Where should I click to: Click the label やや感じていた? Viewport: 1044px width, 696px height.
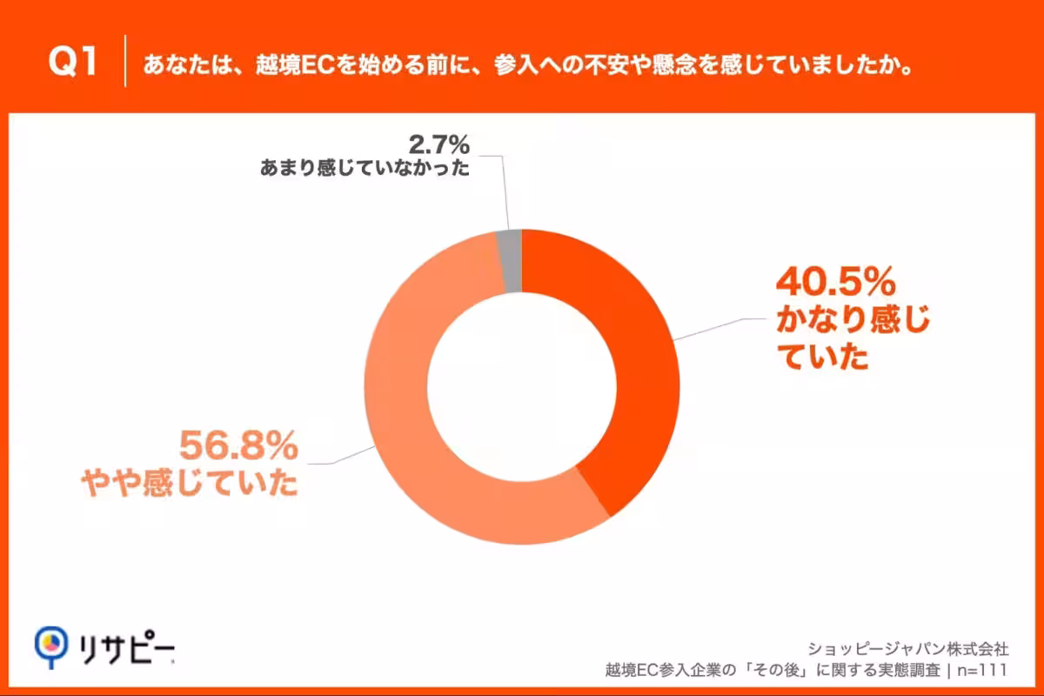[190, 484]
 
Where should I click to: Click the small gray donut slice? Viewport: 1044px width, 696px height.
[511, 248]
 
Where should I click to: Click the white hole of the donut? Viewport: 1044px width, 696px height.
[522, 387]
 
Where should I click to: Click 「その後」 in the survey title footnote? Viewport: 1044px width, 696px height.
[786, 670]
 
